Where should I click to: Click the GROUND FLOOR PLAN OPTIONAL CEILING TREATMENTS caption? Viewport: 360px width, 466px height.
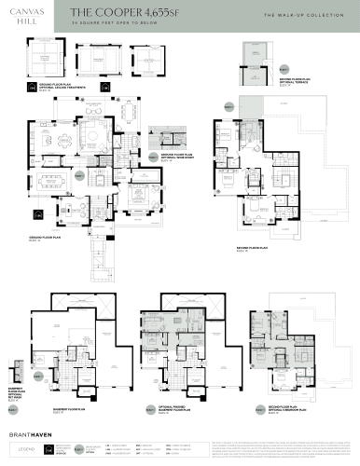[45, 89]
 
